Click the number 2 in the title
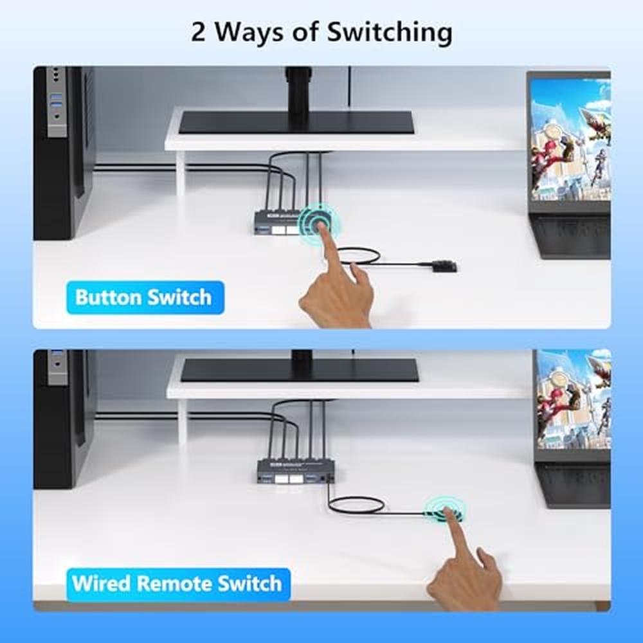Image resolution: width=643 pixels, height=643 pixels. (x=198, y=32)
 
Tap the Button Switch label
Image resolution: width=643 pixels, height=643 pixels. (x=145, y=297)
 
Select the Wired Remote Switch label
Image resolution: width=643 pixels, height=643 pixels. (x=178, y=583)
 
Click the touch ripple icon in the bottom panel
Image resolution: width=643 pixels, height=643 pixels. (x=445, y=509)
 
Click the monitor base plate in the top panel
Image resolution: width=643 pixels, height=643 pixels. (x=296, y=123)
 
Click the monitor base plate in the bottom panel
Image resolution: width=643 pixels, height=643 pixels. (x=300, y=370)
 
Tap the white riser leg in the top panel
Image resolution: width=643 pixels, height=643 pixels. (x=181, y=173)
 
